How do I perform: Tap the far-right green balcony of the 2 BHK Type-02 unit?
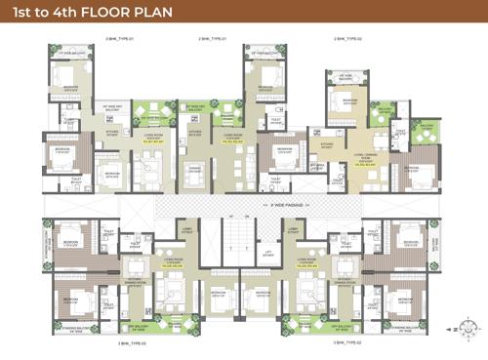click(x=427, y=128)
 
